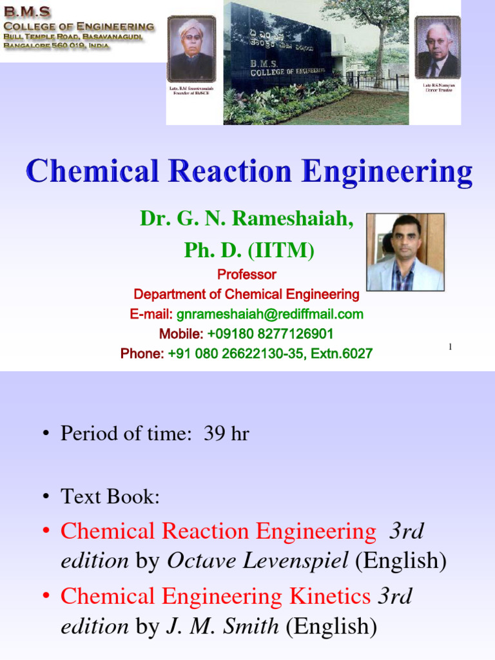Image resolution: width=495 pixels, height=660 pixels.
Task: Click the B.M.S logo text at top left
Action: tap(27, 12)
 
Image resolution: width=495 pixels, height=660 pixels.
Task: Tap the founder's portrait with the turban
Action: tap(191, 49)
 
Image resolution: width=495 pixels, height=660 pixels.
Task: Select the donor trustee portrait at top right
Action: tap(438, 47)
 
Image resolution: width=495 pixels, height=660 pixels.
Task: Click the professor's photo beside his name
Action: tap(405, 252)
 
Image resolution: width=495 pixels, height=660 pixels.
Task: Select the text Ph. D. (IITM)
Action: tap(249, 249)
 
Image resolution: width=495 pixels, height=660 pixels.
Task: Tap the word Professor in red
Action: tap(246, 275)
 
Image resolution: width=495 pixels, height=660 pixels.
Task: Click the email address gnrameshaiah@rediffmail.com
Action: tap(269, 315)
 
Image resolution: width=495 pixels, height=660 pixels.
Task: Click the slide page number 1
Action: tap(450, 347)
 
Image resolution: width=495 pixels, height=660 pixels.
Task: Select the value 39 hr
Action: tap(226, 434)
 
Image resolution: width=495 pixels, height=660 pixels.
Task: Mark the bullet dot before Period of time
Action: tap(46, 434)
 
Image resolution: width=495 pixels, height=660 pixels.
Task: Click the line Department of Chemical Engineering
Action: tap(246, 295)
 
